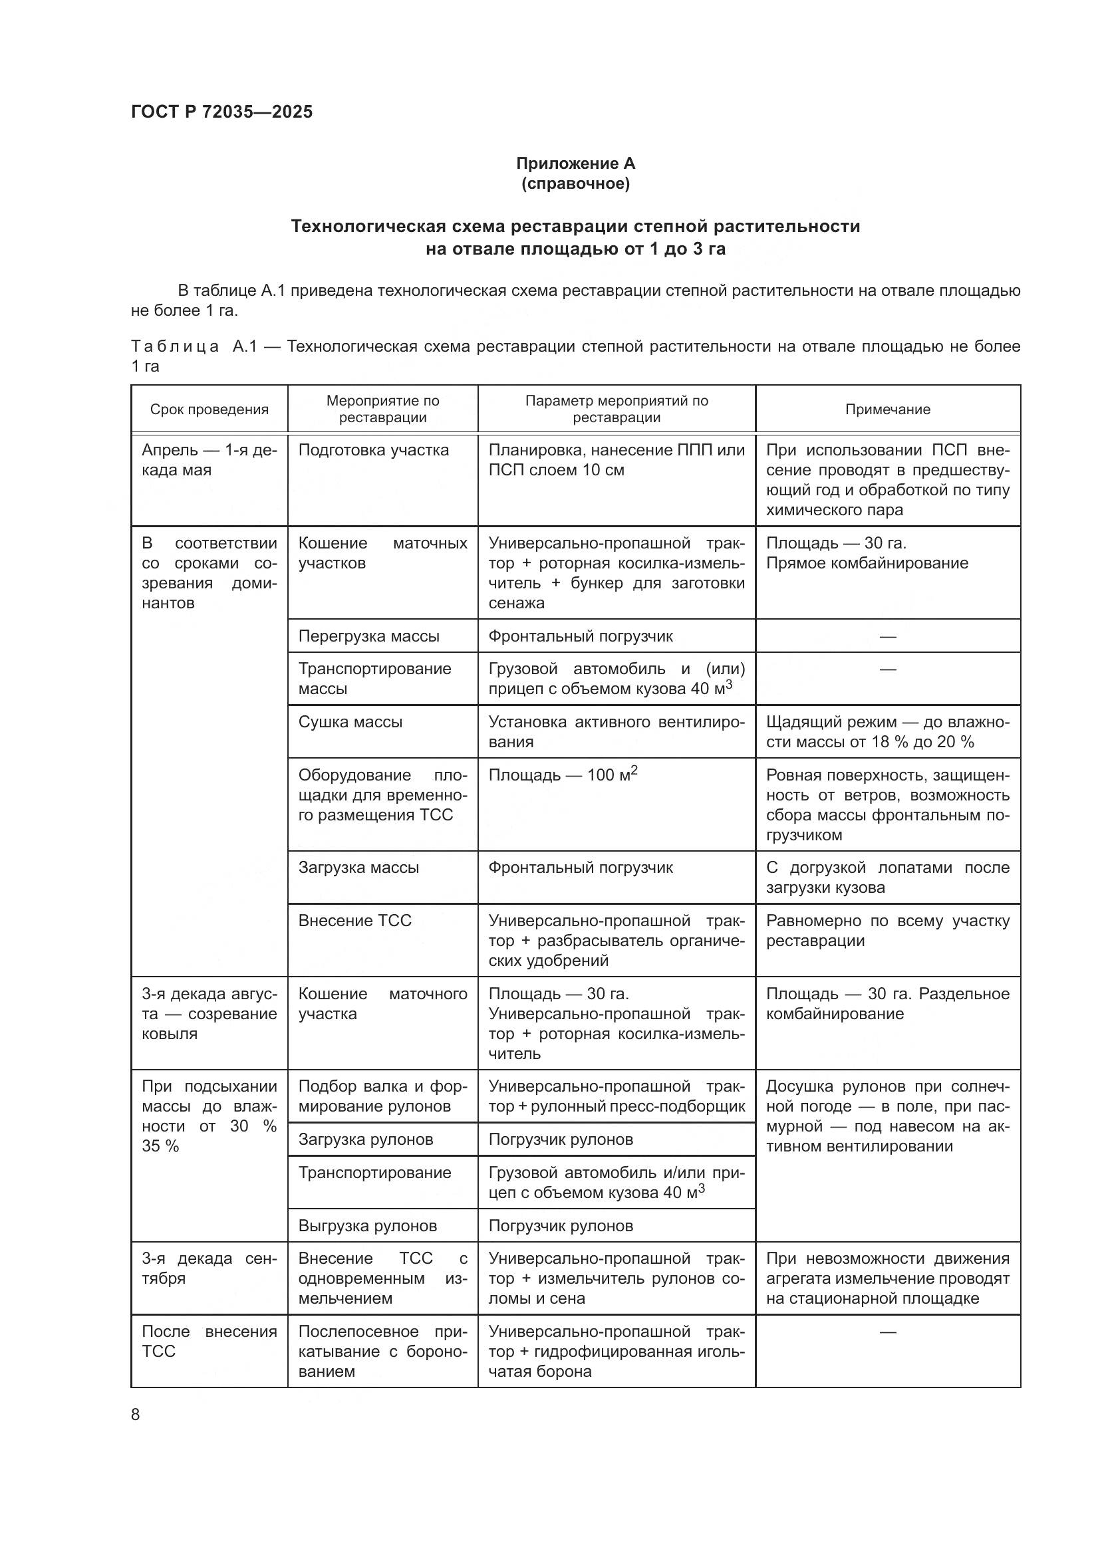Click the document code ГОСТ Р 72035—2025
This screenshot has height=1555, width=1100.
click(221, 112)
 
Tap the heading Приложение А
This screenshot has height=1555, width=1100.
click(575, 164)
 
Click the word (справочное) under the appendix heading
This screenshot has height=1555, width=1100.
click(575, 183)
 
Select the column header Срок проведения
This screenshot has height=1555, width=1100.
click(209, 409)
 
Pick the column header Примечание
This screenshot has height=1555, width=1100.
click(887, 409)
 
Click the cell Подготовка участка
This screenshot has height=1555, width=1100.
click(373, 450)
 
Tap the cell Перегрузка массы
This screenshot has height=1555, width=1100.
click(368, 636)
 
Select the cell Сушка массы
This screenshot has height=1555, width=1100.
click(350, 722)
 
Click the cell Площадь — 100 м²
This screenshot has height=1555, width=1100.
click(563, 775)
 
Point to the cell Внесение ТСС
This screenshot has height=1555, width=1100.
click(355, 920)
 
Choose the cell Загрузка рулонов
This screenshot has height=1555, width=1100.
click(366, 1139)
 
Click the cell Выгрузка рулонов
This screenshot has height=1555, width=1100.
click(368, 1226)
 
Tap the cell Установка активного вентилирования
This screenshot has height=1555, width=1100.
click(616, 731)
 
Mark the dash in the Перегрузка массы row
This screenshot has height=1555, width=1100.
click(887, 636)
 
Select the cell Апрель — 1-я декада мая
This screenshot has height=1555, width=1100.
click(209, 460)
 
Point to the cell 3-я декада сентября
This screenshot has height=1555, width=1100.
click(209, 1268)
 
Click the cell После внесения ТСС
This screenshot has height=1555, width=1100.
click(209, 1342)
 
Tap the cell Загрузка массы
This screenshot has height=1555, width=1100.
click(358, 868)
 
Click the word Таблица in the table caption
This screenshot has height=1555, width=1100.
click(175, 347)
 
